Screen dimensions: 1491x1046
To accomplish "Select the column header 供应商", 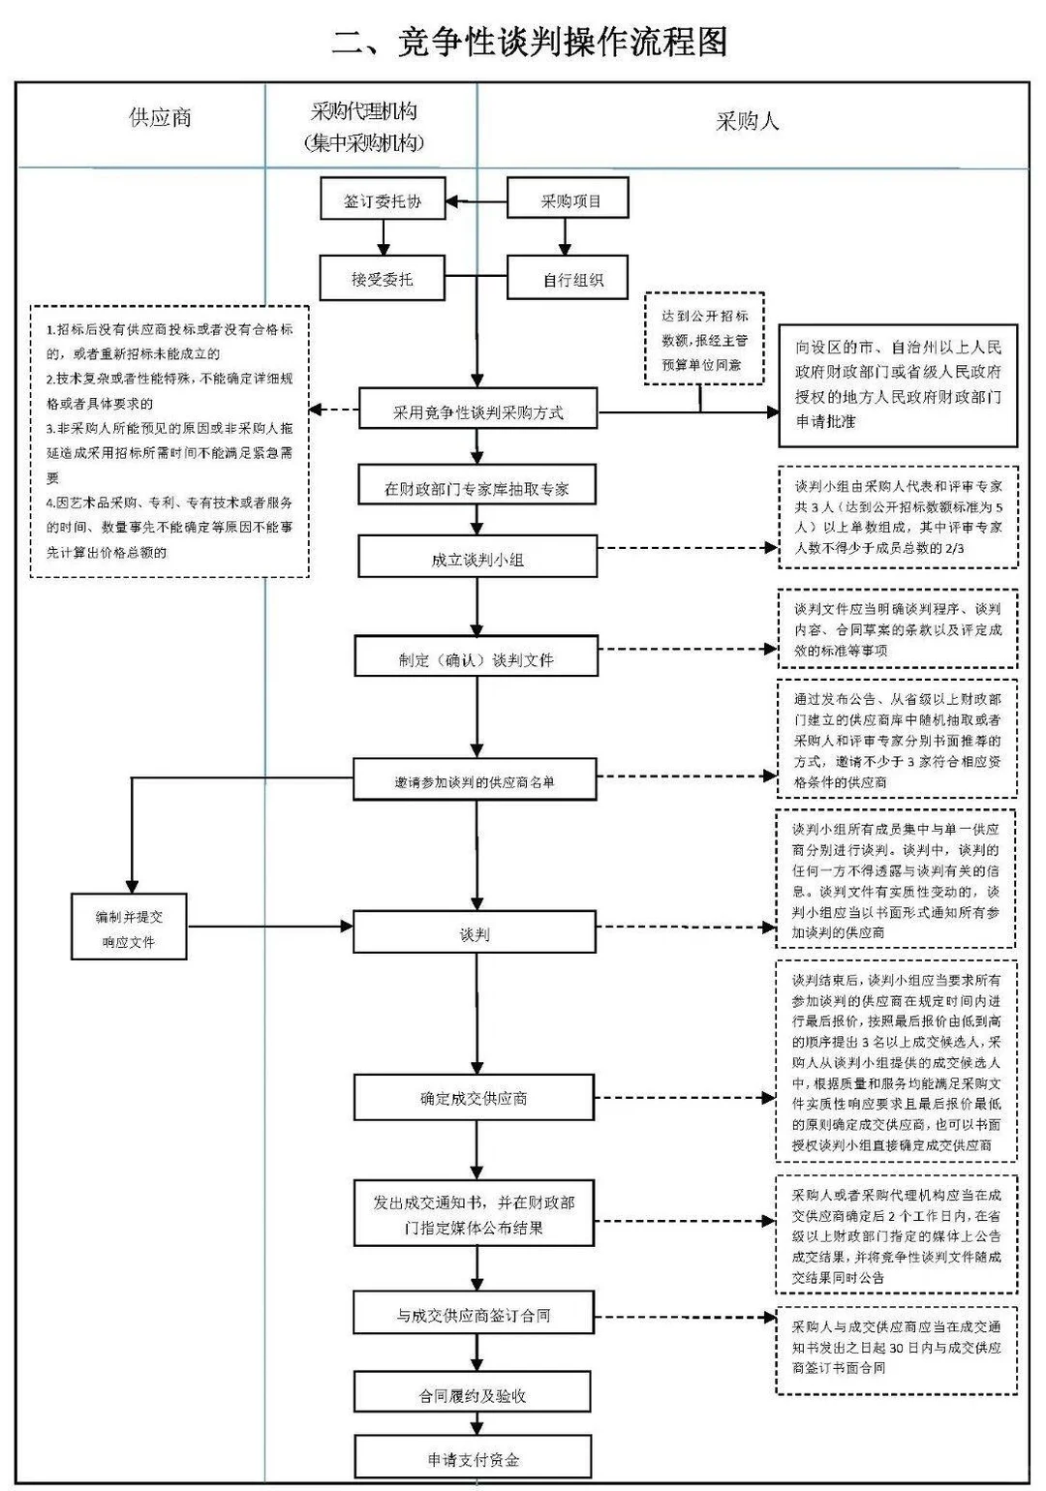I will pyautogui.click(x=160, y=118).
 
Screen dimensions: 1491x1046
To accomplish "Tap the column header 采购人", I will pyautogui.click(x=747, y=122).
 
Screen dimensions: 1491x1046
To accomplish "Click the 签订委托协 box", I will pyautogui.click(x=383, y=201).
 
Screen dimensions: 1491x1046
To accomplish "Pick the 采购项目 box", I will pyautogui.click(x=569, y=201).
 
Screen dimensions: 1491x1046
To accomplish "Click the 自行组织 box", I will pyautogui.click(x=569, y=280).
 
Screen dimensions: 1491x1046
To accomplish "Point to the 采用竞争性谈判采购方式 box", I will pyautogui.click(x=477, y=411).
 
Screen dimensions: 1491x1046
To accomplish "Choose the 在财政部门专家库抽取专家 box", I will pyautogui.click(x=477, y=488).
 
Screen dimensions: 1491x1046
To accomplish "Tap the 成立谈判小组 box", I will pyautogui.click(x=477, y=559).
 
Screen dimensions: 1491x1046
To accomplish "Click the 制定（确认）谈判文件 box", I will pyautogui.click(x=476, y=658).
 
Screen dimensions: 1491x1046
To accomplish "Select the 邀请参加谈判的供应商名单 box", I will pyautogui.click(x=475, y=780).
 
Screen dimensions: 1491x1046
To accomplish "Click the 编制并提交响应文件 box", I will pyautogui.click(x=129, y=928).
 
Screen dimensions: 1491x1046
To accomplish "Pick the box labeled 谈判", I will pyautogui.click(x=475, y=933).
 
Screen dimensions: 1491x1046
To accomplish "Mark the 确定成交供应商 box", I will pyautogui.click(x=474, y=1098).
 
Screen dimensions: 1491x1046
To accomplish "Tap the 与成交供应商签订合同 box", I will pyautogui.click(x=474, y=1315).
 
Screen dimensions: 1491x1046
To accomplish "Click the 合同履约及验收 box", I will pyautogui.click(x=473, y=1394).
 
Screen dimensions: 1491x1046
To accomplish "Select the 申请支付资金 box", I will pyautogui.click(x=473, y=1458).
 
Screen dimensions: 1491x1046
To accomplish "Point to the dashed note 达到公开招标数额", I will pyautogui.click(x=704, y=340).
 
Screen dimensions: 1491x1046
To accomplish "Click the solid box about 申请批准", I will pyautogui.click(x=898, y=385).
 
